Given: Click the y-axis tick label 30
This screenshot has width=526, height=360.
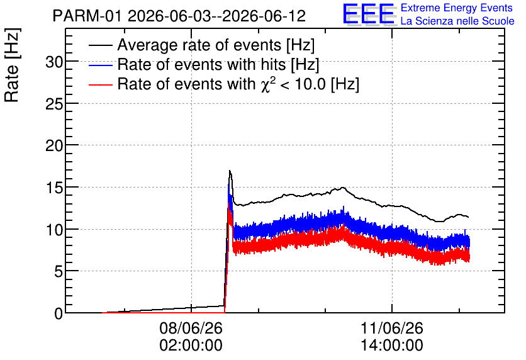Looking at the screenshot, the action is click(54, 62).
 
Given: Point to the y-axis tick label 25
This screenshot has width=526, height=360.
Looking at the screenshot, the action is click(54, 104).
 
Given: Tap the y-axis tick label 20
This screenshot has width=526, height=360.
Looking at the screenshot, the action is click(54, 146).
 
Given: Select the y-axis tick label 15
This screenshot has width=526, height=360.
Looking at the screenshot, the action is click(54, 188).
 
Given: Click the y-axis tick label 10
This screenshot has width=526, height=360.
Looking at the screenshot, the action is click(54, 230).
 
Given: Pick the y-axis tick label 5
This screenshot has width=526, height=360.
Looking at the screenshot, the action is click(59, 272).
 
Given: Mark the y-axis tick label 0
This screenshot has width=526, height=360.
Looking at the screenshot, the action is click(59, 313).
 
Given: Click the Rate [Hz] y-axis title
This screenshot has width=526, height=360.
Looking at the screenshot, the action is click(12, 65).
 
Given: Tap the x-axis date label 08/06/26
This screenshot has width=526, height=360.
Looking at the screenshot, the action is click(191, 328).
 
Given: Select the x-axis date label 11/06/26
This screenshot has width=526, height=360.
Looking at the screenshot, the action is click(392, 328).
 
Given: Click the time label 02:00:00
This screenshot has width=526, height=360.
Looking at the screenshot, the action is click(191, 346).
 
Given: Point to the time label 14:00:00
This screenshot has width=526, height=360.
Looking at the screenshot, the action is click(392, 346).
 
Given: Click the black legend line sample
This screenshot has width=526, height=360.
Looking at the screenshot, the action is click(100, 45).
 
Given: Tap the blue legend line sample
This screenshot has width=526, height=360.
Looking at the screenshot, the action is click(100, 65).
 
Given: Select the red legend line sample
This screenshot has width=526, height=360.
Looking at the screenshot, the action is click(100, 84).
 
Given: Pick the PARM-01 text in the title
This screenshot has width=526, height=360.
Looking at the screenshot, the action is click(88, 16).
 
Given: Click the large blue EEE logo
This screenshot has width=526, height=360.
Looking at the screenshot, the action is click(369, 14).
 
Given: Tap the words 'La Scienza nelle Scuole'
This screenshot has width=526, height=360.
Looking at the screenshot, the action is click(457, 21).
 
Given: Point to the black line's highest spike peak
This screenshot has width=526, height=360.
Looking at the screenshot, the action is click(230, 171).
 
